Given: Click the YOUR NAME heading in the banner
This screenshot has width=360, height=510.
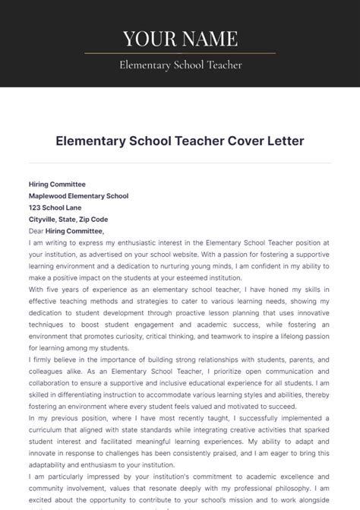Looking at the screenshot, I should click(x=180, y=38).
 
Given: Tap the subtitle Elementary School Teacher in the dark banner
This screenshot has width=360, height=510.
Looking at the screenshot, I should click(x=180, y=65).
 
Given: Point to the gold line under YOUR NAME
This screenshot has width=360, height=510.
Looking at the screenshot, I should click(x=180, y=53).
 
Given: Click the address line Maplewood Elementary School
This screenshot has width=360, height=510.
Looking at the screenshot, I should click(x=78, y=195).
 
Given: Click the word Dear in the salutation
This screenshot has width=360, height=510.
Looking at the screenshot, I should click(x=36, y=231).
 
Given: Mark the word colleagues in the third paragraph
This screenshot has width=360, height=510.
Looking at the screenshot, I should click(x=46, y=372).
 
